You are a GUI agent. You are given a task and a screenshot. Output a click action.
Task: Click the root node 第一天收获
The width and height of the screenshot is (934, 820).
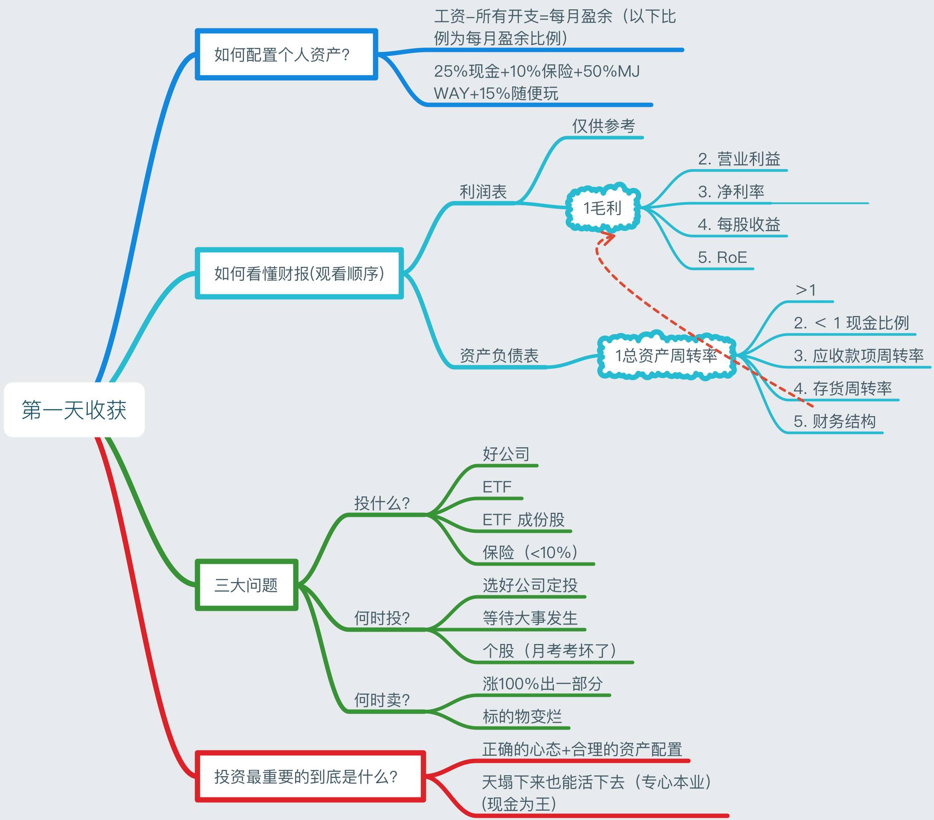coord(74,410)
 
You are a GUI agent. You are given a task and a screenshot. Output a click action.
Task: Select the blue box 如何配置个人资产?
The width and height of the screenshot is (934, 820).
coord(286,55)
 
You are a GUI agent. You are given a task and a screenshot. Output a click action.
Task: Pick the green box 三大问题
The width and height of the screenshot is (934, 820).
coord(246,585)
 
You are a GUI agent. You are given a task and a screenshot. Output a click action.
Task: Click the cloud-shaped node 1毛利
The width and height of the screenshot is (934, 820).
coord(602,208)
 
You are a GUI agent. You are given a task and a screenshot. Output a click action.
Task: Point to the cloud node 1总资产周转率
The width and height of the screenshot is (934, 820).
coord(666,355)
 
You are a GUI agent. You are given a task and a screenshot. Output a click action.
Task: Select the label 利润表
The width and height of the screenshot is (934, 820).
coord(483,191)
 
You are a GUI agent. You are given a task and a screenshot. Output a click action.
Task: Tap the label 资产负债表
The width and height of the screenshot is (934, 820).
coord(499,355)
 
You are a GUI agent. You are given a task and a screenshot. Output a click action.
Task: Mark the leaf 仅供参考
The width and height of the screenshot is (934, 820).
coord(603,126)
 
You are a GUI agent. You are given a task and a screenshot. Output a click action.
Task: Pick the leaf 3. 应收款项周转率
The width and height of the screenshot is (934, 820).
coord(859,355)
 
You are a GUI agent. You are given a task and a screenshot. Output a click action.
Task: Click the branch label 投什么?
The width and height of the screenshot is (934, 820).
coord(382,503)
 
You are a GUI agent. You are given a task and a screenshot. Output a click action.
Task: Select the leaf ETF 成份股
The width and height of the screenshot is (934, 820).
coord(523,519)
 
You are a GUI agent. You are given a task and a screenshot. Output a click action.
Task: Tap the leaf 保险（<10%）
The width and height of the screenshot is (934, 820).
coord(530,553)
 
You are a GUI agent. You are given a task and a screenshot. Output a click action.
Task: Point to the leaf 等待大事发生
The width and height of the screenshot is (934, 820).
coord(530,618)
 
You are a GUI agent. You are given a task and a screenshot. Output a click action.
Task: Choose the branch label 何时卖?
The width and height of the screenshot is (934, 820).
coord(382,700)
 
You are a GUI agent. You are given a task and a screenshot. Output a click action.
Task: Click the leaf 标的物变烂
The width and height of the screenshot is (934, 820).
coord(522,716)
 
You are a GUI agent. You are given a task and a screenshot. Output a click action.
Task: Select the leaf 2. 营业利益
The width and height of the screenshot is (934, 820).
coord(739,159)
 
